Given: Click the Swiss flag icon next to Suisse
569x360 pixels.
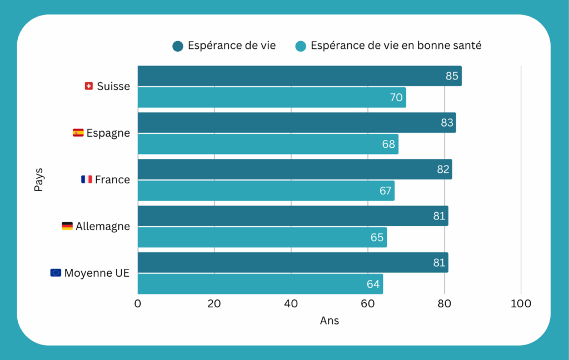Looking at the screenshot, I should (x=88, y=86).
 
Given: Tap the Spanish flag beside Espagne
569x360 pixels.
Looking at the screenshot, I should (x=78, y=133).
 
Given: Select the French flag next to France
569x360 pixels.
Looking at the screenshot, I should (x=87, y=179).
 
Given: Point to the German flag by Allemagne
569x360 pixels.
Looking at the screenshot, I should (x=67, y=226).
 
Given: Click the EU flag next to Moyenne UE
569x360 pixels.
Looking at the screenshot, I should (x=56, y=273).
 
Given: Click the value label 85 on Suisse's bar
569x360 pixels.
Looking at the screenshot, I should (x=452, y=76).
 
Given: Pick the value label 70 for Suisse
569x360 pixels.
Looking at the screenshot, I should (x=396, y=97).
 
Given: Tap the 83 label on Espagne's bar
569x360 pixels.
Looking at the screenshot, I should (x=447, y=123).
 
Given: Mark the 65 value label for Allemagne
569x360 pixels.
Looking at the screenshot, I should (x=377, y=237).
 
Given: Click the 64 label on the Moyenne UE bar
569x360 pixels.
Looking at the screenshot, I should (x=373, y=284).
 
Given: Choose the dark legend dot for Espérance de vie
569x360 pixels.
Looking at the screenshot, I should (x=178, y=46).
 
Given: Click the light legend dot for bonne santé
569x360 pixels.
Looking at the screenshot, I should (x=301, y=46).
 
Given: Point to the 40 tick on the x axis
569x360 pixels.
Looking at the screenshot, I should (x=291, y=303).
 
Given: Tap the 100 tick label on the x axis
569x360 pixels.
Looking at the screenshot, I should (x=521, y=303).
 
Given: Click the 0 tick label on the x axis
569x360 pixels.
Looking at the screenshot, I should (x=138, y=303).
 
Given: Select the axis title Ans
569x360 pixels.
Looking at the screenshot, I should (x=329, y=321).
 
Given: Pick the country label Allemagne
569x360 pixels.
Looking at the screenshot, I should (x=103, y=226).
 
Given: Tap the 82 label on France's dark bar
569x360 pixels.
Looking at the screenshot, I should (x=443, y=169).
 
